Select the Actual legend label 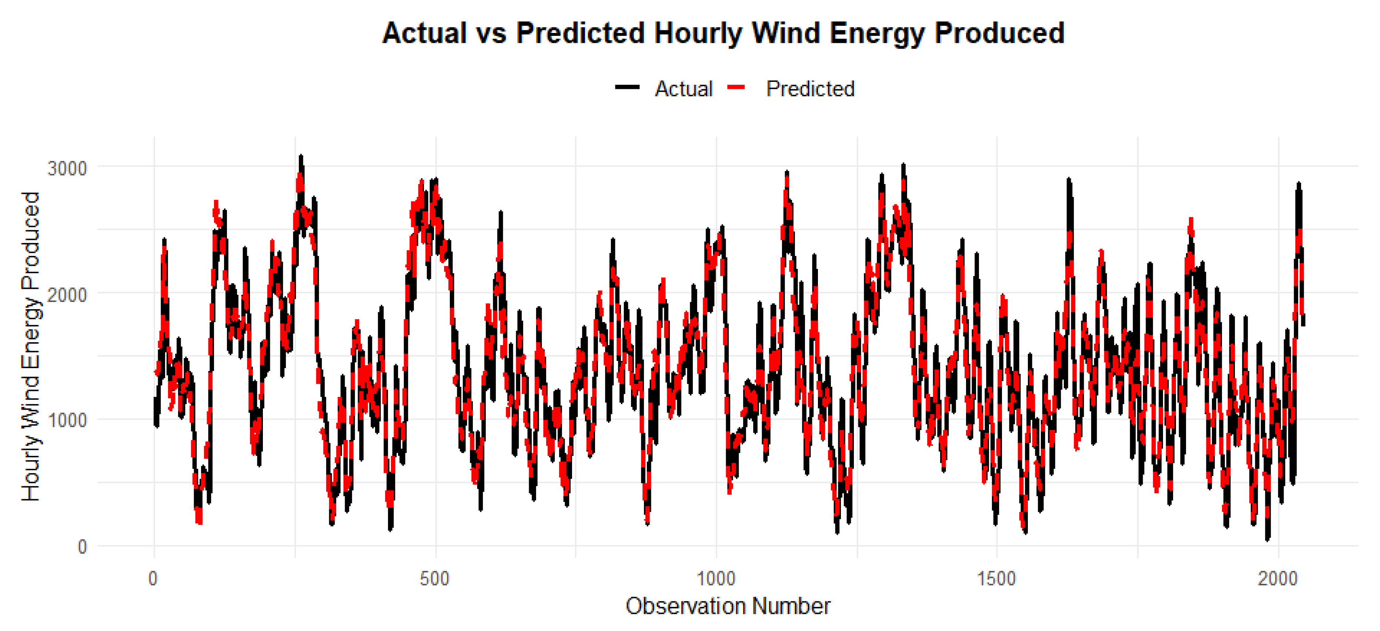tap(684, 89)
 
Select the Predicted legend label tap(810, 89)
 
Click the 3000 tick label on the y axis tap(67, 168)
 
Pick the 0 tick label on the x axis tap(153, 579)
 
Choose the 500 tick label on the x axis tap(434, 579)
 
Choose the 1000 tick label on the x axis tap(716, 579)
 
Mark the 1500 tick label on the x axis tap(996, 579)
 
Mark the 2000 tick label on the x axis tap(1278, 579)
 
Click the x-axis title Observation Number tap(728, 606)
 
